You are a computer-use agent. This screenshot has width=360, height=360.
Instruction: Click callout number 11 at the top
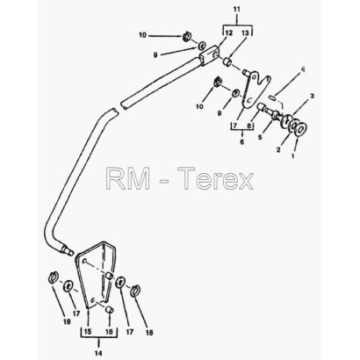pos(237,10)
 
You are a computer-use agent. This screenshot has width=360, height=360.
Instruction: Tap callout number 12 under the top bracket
pos(229,33)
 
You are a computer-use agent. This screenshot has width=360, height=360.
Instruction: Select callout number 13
pos(245,33)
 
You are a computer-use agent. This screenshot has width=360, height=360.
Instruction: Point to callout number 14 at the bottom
pos(98,353)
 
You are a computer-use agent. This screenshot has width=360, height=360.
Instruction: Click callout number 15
pos(88,332)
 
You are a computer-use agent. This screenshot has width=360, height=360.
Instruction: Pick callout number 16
pos(109,332)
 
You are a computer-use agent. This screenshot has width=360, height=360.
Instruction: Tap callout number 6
pos(242,142)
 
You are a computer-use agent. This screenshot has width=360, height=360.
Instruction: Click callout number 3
pos(313,96)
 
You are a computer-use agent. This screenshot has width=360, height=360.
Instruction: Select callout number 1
pos(292,156)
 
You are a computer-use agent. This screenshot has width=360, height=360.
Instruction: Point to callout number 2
pos(278,150)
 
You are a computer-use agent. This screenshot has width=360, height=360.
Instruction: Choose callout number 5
pos(260,137)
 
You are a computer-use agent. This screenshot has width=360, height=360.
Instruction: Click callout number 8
pos(249,126)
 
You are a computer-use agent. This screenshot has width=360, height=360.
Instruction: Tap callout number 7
pos(234,126)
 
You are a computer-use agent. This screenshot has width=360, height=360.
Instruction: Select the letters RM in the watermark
pos(128,178)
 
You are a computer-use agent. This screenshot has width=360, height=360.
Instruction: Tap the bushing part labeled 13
pos(227,62)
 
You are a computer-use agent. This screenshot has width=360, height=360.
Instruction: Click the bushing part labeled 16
pos(109,309)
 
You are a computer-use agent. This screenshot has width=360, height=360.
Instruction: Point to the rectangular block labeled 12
pos(209,54)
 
